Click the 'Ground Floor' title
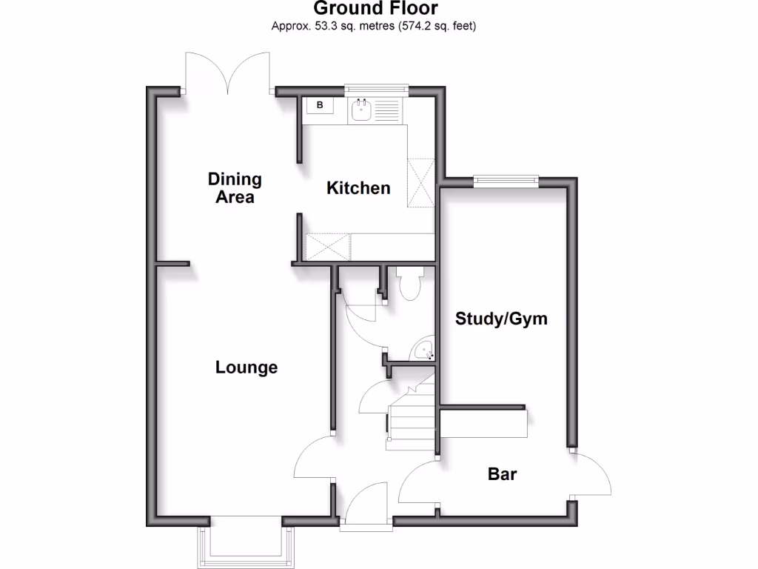[375, 9]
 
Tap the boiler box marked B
[320, 106]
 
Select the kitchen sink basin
[361, 112]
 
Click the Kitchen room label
[358, 188]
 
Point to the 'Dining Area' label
[235, 188]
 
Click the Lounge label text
[246, 367]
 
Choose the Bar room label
[502, 474]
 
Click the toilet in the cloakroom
[409, 283]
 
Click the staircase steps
[409, 419]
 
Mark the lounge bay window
[246, 541]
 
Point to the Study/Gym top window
[506, 179]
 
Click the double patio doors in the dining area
[228, 73]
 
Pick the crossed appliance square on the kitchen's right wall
[420, 183]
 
